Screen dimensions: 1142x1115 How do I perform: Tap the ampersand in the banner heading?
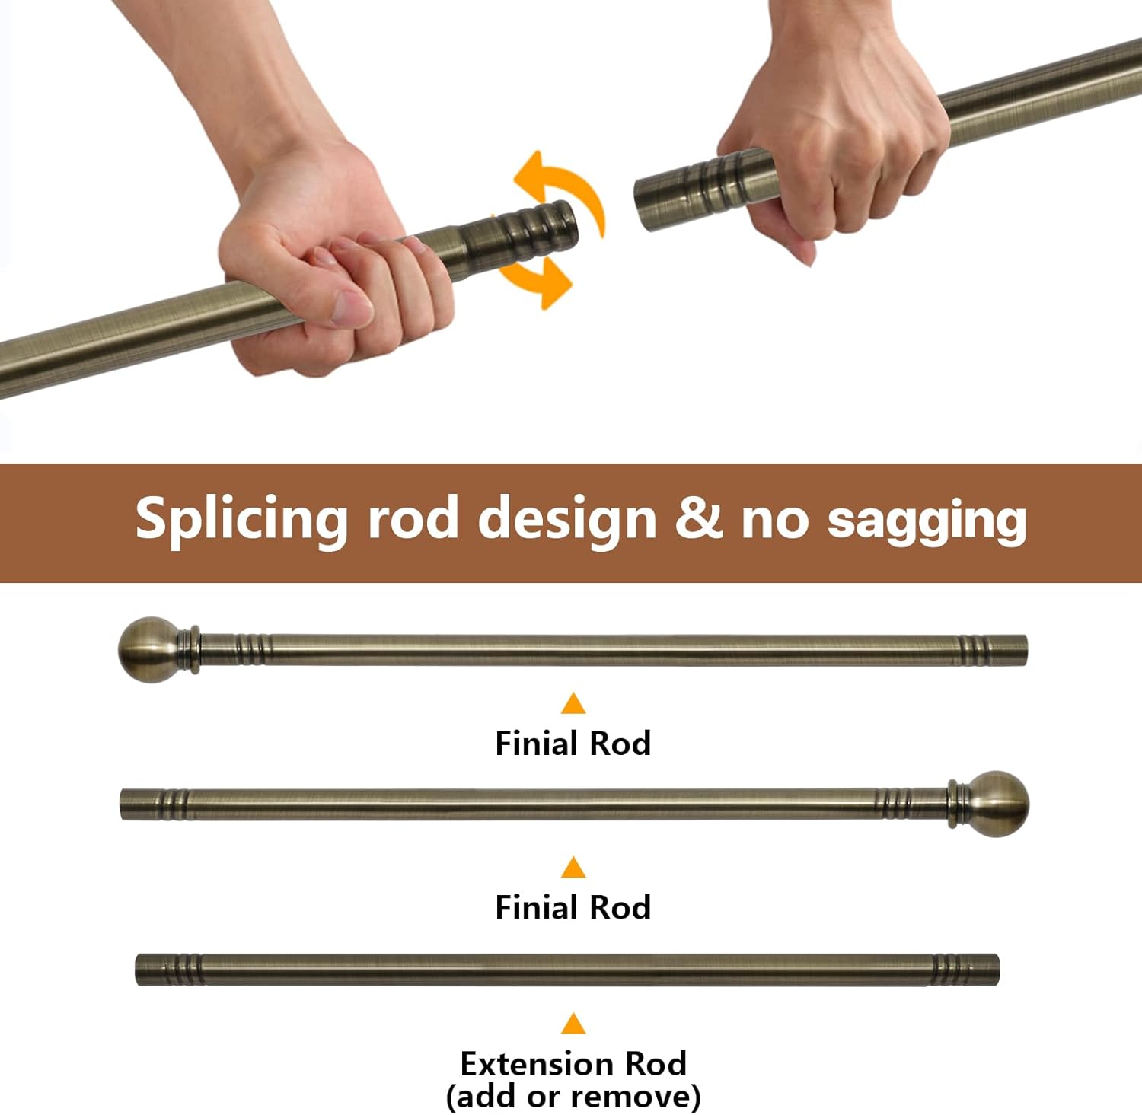coord(698,518)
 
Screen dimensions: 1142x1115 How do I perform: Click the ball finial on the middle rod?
coord(997,804)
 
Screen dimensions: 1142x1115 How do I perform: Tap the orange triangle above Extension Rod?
coord(573,1023)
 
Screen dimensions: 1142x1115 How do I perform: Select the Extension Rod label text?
coord(573,1063)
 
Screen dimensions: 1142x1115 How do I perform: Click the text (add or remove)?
coord(573,1097)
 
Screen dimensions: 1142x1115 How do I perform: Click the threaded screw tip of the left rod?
coord(537,228)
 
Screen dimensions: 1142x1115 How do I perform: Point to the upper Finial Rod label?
coord(573,744)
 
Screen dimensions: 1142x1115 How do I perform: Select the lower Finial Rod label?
coord(573,907)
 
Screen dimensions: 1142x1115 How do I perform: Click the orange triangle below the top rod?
coord(573,703)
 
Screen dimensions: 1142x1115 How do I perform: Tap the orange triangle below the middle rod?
coord(573,867)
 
